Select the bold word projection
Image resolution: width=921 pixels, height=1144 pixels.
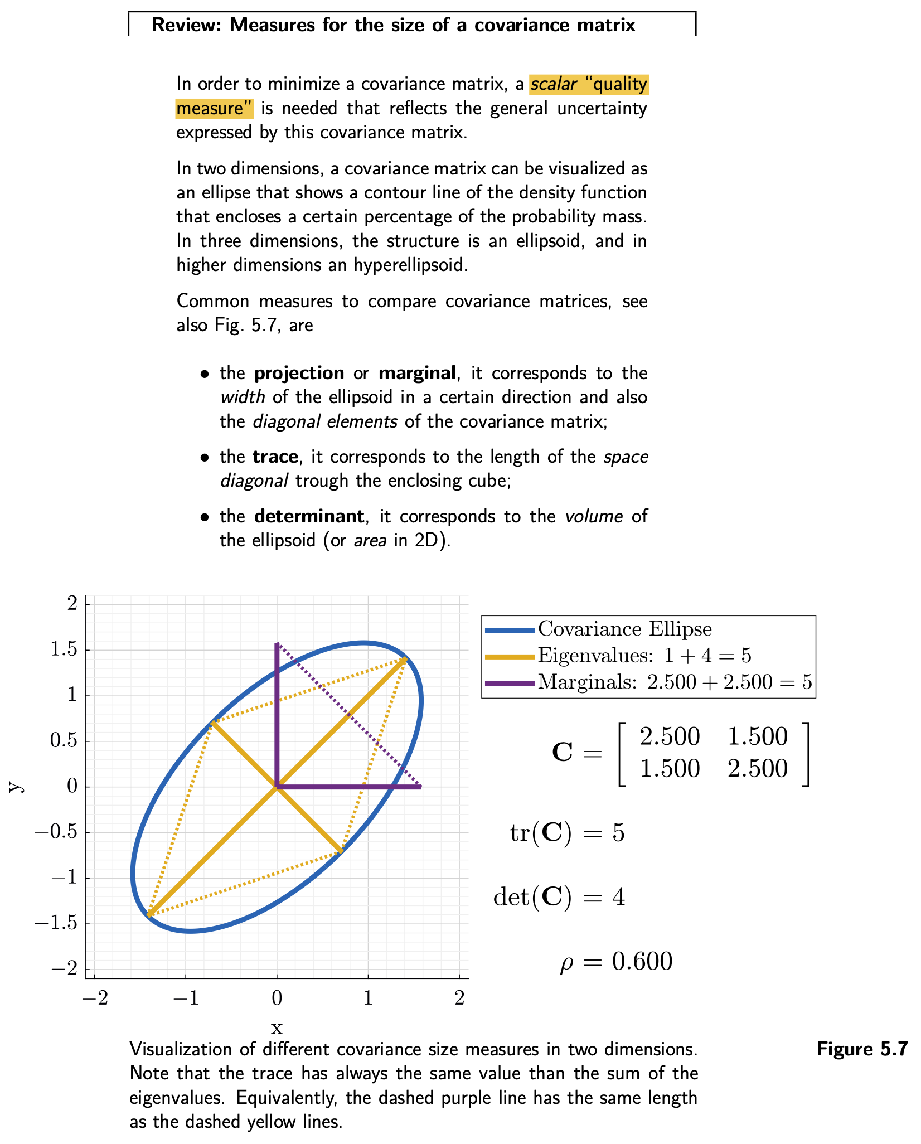click(299, 373)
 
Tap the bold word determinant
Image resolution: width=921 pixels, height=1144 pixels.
click(309, 516)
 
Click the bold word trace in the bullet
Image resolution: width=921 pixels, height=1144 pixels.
click(275, 457)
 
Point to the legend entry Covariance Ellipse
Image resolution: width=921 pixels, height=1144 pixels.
click(624, 629)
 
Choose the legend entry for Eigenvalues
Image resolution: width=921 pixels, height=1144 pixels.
click(644, 656)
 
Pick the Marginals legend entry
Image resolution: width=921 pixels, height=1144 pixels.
click(674, 682)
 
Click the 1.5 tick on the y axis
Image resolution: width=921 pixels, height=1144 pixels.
click(65, 650)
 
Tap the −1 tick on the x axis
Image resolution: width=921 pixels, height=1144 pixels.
click(186, 997)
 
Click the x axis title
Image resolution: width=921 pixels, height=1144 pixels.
click(277, 1027)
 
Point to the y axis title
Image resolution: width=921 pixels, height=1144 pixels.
click(17, 787)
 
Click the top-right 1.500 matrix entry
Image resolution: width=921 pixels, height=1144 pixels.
click(757, 737)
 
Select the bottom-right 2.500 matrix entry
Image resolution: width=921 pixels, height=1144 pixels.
click(757, 769)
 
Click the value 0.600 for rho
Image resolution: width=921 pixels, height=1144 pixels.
click(642, 962)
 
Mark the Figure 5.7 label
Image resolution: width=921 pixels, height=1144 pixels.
click(862, 1049)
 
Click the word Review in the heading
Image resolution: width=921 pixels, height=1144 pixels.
click(183, 25)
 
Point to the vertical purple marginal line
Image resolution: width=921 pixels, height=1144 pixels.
click(277, 719)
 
